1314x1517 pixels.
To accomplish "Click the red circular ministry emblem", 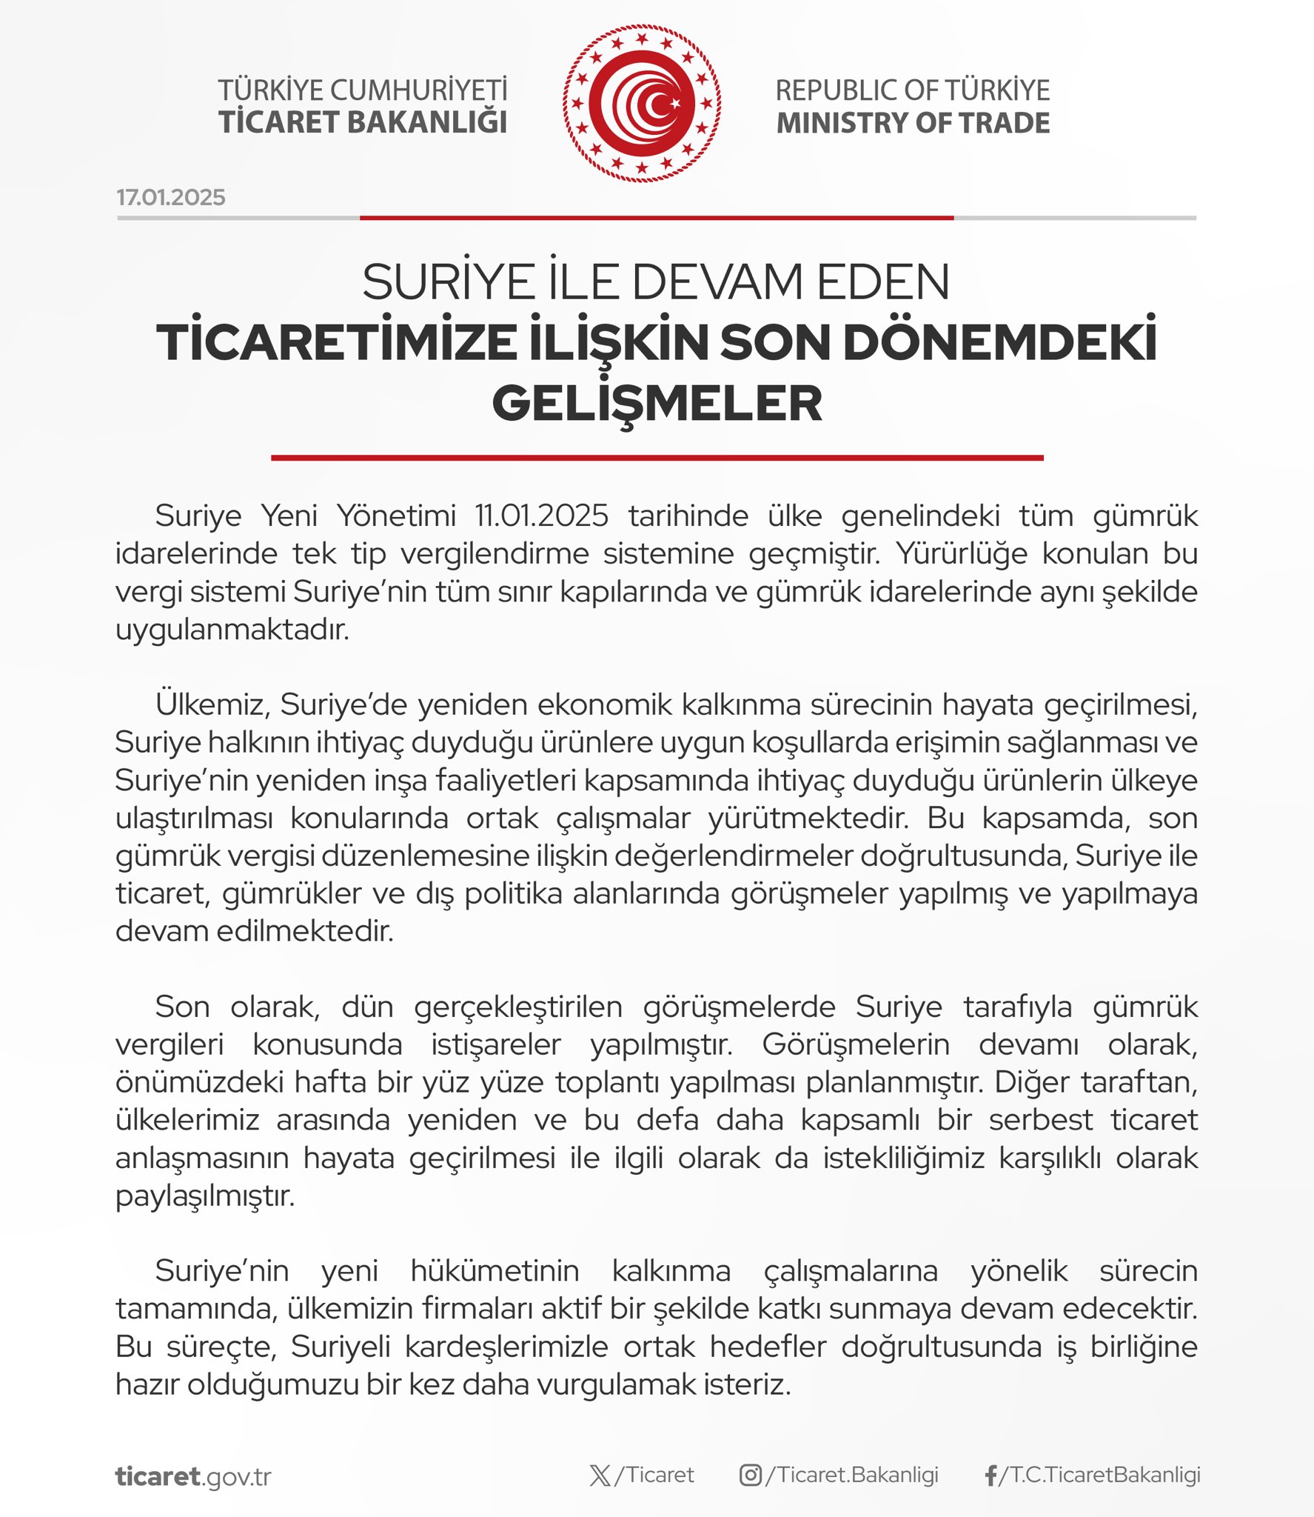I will coord(642,104).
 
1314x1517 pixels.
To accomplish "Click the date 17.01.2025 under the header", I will coord(170,197).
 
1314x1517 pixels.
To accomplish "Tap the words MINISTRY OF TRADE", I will coord(913,123).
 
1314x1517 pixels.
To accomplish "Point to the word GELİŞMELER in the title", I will coord(657,404).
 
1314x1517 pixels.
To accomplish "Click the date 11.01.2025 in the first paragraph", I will coord(542,516).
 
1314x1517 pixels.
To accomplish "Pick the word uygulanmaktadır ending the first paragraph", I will coord(232,630).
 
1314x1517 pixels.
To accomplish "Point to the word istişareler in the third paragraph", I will coord(496,1044).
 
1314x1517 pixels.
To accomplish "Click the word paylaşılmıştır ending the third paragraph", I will coord(205,1196).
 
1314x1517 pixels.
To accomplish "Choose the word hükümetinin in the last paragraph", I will coord(495,1271).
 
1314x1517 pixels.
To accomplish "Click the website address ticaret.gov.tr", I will coord(193,1476).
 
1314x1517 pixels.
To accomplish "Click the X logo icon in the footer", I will coord(600,1476).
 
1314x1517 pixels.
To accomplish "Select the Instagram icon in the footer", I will coord(750,1476).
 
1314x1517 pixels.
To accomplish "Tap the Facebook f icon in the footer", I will coord(990,1476).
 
